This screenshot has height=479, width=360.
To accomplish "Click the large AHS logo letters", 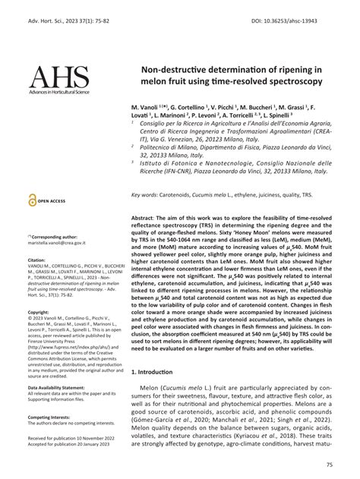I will (58, 78).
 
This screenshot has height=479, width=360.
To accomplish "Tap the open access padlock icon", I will (31, 201).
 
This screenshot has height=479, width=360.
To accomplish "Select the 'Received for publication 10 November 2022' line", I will (73, 439).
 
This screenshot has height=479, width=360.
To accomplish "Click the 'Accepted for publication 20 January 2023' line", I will (71, 446).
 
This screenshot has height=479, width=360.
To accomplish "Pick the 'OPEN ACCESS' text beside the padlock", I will (52, 201).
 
